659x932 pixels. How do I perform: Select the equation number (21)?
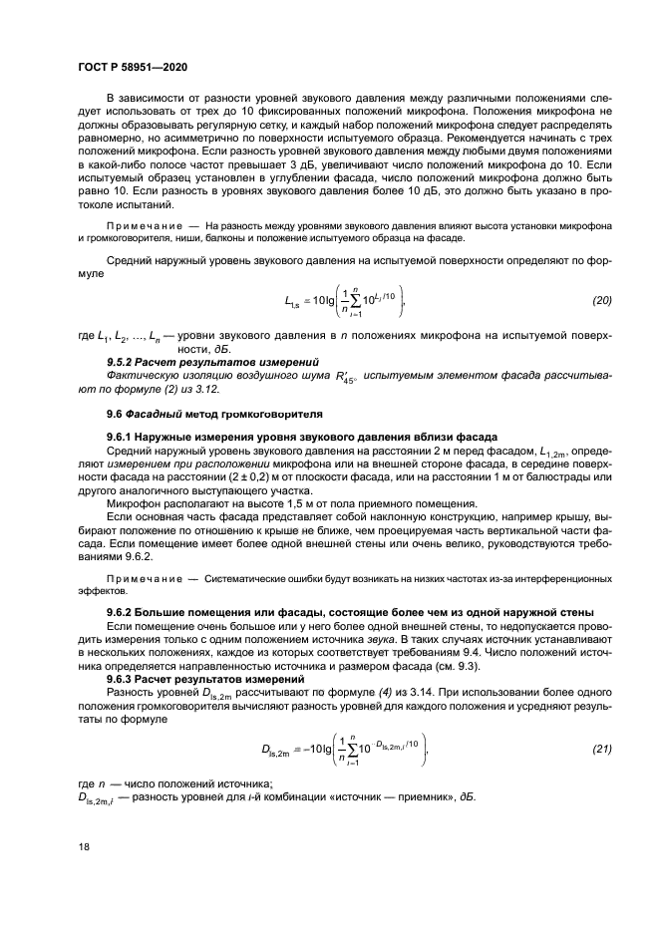click(x=600, y=748)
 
